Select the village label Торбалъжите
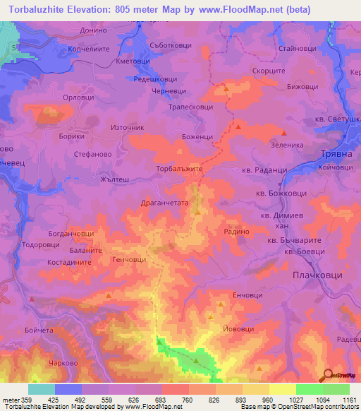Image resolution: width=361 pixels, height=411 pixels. click(x=179, y=169)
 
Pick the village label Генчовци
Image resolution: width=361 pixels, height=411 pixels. click(x=129, y=260)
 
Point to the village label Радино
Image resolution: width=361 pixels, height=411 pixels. click(x=237, y=231)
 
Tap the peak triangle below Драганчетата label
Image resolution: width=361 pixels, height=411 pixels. click(x=198, y=212)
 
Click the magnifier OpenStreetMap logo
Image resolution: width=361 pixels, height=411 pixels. click(x=329, y=375)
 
